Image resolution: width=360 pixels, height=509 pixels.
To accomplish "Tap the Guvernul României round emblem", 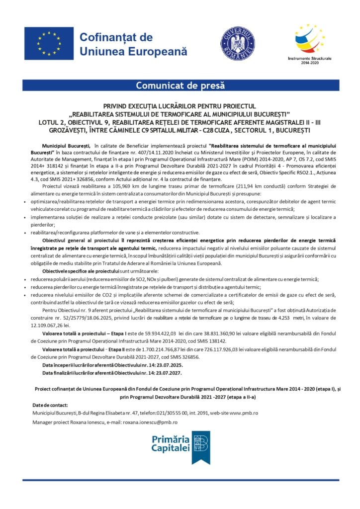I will coord(238,44).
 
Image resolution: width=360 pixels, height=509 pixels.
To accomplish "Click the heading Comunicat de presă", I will coord(180,85).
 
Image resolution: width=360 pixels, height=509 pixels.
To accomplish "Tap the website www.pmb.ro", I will coord(243,413).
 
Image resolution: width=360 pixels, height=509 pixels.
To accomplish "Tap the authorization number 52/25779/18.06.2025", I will coord(73,317).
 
